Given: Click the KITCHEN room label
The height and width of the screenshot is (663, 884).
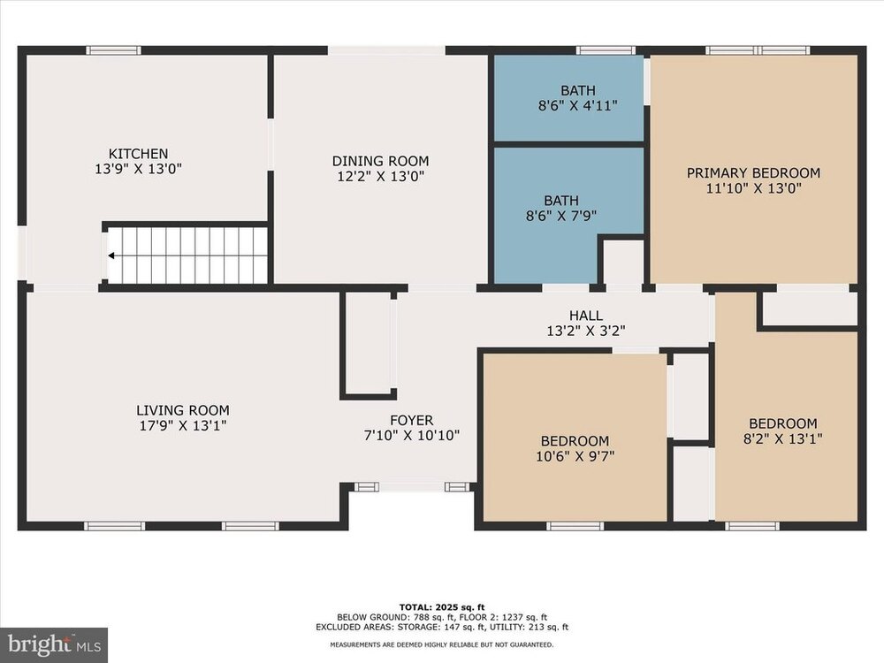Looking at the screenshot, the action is point(138,153).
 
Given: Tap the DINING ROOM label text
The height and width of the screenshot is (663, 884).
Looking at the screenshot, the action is point(380,161).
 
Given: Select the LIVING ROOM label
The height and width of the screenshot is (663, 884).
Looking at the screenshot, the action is point(183,410).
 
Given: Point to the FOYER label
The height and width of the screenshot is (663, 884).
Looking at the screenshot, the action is point(412,421).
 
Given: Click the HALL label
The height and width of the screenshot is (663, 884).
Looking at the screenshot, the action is point(586,316).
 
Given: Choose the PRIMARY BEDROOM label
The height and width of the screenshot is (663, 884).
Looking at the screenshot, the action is point(753,173).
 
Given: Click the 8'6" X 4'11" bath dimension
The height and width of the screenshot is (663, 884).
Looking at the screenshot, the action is point(578,105).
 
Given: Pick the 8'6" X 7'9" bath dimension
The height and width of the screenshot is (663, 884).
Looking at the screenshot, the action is point(561,216).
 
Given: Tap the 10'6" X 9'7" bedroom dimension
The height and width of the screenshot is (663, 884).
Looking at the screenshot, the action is point(575,455).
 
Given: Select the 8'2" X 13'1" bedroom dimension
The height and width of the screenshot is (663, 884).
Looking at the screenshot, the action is point(782,438).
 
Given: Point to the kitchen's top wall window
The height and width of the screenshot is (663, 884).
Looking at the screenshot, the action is point(113,50).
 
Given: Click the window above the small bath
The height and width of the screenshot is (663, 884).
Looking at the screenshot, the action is point(606,50).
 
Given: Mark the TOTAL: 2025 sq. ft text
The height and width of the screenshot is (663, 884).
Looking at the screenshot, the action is point(441,607).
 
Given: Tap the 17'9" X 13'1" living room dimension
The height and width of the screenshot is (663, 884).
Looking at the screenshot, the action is point(183,425).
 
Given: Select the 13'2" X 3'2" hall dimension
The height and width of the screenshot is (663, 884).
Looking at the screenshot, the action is point(586,331).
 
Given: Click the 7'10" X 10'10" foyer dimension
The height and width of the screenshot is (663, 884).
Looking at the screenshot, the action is point(412,435).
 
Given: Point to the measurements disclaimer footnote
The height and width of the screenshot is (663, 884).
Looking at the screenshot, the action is point(441,644).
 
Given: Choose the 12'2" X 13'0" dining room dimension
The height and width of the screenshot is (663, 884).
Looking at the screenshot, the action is point(380,177).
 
